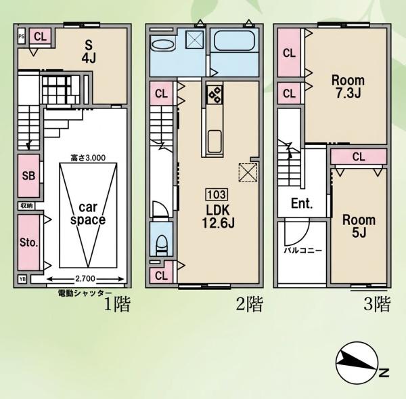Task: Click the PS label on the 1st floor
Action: [x=22, y=37]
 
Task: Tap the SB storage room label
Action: [x=28, y=175]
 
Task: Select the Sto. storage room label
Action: [x=28, y=243]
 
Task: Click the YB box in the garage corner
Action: [x=22, y=279]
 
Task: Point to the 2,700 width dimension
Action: [x=85, y=279]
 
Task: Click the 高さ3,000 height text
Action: [x=88, y=158]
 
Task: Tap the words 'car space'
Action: [x=88, y=213]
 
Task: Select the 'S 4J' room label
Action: [x=89, y=52]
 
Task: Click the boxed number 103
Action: [x=217, y=194]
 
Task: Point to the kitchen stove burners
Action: [x=215, y=95]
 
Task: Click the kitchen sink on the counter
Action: [x=215, y=142]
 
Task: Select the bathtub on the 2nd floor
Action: [x=234, y=41]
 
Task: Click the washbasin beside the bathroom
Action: [x=162, y=45]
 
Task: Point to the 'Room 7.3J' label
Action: [x=348, y=87]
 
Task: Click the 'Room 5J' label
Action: [x=359, y=226]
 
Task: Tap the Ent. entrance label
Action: [x=302, y=203]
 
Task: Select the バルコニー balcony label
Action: [x=303, y=251]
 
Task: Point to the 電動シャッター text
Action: [x=85, y=293]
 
